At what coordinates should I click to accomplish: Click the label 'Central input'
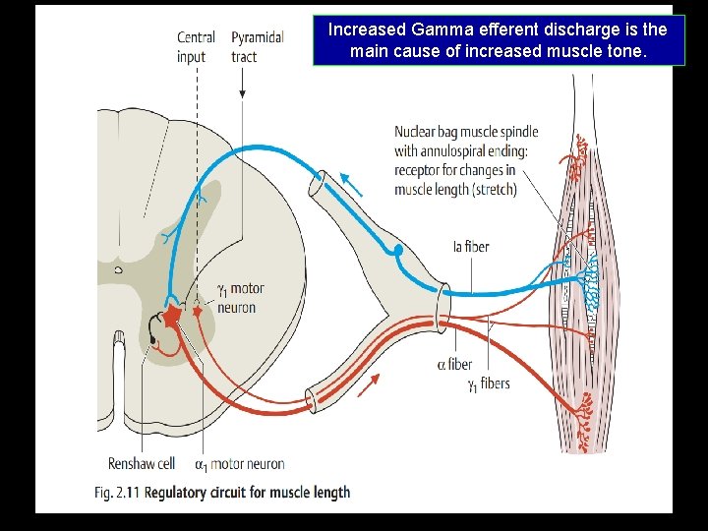pos(196,46)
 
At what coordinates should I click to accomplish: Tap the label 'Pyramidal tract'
pos(258,46)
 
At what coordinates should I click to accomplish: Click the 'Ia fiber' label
pos(471,246)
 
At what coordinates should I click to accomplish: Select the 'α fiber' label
pos(454,365)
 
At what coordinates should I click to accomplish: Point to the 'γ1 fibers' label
pos(489,383)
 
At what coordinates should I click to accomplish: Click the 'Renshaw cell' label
pos(142,464)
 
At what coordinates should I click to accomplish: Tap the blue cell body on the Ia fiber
pos(398,251)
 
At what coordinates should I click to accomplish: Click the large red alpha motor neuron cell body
pos(174,315)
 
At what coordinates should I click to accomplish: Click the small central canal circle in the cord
pos(119,268)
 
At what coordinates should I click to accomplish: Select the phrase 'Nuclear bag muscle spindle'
pos(466,132)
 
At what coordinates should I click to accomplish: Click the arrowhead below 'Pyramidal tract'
pos(242,93)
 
